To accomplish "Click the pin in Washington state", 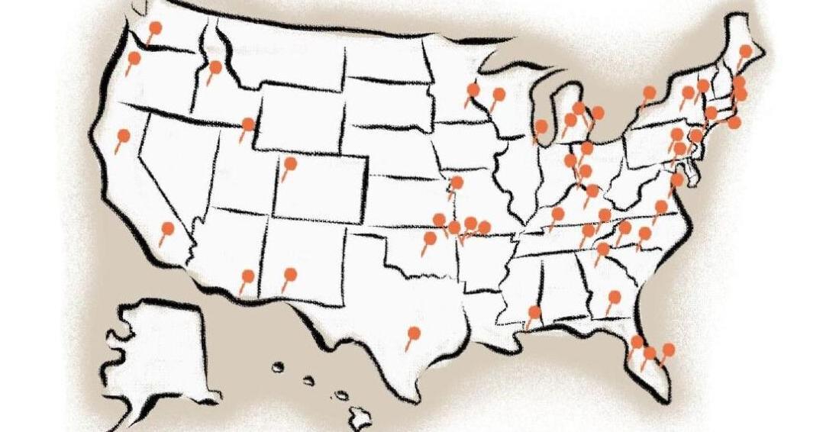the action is coord(155,28).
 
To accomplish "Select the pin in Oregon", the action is coord(134,57).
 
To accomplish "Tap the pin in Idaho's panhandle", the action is coord(215,67).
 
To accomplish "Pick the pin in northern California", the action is coord(124,135).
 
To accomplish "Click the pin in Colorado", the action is coord(290,163).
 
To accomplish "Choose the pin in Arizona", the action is coord(247,276).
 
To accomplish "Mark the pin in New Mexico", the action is coord(290,274).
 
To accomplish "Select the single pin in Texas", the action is coord(414,333).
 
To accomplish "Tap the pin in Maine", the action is coord(746,51).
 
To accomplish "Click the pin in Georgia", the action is coord(615,296).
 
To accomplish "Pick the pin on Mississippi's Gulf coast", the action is coord(534,311).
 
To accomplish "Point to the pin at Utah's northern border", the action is coord(248,124).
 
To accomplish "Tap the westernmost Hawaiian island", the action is coord(278,367).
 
